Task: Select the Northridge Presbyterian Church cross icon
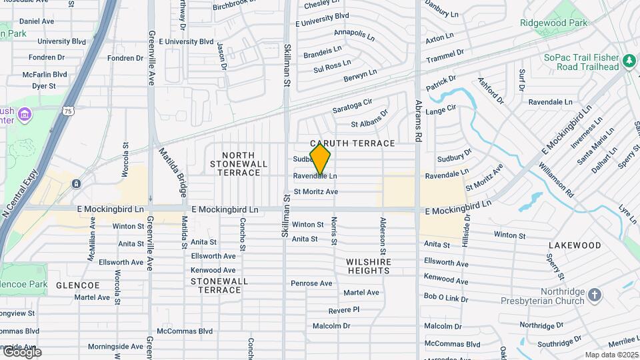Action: [x=595, y=295]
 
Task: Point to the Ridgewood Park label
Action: [x=554, y=23]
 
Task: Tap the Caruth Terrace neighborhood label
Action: [x=353, y=143]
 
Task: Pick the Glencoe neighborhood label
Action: [x=77, y=285]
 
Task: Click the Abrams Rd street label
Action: [x=419, y=121]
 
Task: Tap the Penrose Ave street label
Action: [x=311, y=283]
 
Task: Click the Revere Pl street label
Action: [x=344, y=310]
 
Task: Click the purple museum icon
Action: [x=25, y=115]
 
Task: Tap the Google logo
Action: [x=21, y=351]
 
